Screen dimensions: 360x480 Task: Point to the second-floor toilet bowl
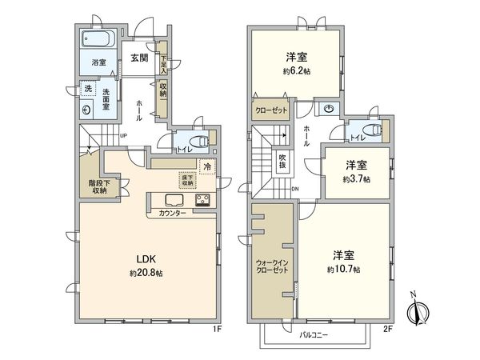370,130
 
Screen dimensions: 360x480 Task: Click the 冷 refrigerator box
206,167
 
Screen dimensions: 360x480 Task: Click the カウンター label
172,214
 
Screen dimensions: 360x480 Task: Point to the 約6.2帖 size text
297,70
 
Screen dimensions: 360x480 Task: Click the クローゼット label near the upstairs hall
270,110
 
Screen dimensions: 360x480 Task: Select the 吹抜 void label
282,162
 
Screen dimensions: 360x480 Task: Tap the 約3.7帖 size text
357,179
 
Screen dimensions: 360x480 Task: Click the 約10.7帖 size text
344,270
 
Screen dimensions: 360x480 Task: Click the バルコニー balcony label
314,334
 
